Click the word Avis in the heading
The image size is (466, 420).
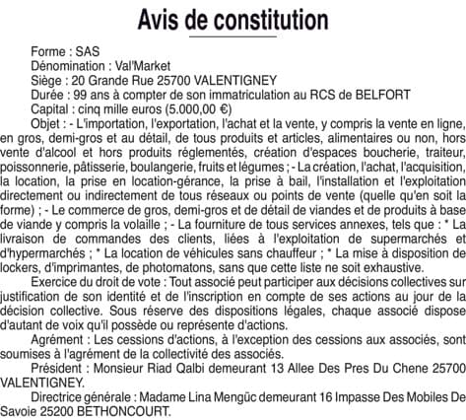pos(165,19)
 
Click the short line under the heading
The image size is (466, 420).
pos(233,36)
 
